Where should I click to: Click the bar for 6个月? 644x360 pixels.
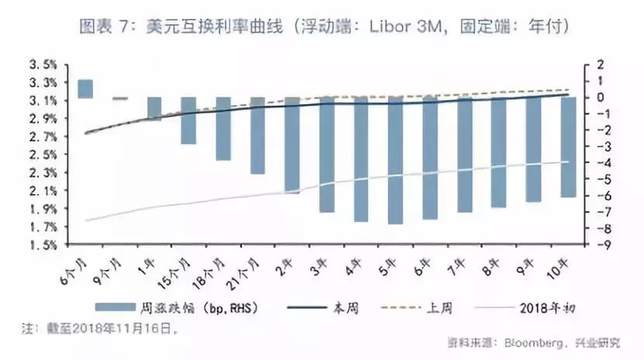click(85, 88)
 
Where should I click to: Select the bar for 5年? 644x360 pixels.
click(395, 161)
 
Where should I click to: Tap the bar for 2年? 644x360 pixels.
click(292, 145)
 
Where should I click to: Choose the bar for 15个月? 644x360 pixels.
click(189, 120)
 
